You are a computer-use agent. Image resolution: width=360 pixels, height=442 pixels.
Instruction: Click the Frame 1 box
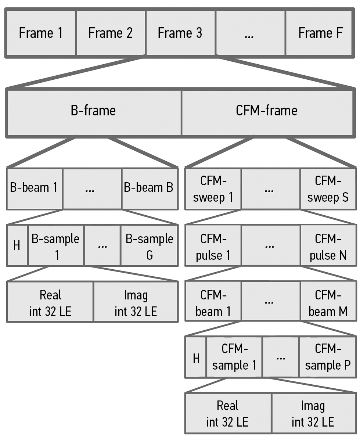(41, 33)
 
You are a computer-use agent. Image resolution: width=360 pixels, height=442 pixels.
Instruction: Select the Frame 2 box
(111, 33)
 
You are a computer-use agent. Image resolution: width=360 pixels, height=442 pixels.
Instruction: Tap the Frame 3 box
(180, 33)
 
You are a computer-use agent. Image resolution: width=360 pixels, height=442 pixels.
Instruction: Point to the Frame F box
(320, 33)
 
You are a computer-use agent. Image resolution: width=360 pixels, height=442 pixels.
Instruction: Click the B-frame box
(93, 111)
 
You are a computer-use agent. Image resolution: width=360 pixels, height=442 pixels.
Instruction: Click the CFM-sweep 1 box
(213, 189)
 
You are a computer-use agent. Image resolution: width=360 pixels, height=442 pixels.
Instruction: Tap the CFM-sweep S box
(328, 189)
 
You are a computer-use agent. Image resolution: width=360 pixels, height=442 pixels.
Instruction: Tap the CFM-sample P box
(327, 357)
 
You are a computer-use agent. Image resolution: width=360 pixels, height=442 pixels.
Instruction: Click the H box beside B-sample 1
(17, 246)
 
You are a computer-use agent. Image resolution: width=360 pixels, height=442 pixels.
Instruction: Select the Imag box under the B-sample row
(136, 303)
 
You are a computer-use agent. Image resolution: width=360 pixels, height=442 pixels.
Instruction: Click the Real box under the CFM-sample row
(228, 413)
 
